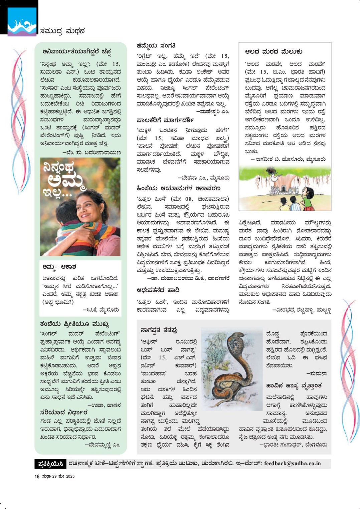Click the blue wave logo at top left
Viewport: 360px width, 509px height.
(x=22, y=22)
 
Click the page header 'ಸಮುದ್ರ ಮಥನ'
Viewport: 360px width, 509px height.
(x=62, y=31)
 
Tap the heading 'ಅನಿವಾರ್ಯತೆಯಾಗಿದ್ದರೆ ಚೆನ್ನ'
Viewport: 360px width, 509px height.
(x=76, y=51)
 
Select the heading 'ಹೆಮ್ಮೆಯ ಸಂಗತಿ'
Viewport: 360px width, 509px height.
(x=156, y=45)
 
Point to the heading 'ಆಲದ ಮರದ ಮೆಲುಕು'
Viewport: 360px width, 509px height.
(x=274, y=51)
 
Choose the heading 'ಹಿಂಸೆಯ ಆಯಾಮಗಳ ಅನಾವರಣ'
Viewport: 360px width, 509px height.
(x=178, y=188)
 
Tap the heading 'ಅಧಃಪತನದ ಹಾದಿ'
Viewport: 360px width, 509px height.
(x=158, y=290)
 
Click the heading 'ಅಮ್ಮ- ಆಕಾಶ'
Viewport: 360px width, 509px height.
(x=59, y=267)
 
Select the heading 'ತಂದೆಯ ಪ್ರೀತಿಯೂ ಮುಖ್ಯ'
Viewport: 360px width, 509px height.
(x=74, y=324)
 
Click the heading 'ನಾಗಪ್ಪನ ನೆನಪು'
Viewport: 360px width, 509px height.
(x=159, y=330)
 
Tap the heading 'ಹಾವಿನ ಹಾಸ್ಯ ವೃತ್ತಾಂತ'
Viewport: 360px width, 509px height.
(x=294, y=386)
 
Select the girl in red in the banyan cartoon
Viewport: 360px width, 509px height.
(x=308, y=197)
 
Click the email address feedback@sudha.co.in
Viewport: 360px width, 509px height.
(x=292, y=463)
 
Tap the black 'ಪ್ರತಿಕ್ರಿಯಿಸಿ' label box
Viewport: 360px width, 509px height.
(x=50, y=464)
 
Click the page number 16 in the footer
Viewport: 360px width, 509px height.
(x=37, y=476)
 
